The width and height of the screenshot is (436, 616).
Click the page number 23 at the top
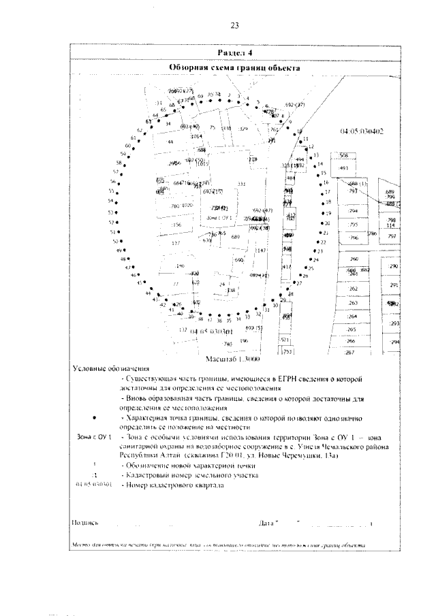(234, 26)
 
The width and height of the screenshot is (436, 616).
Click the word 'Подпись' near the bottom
(85, 523)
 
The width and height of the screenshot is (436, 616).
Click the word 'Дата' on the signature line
(267, 523)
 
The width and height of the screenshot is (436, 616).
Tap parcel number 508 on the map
(343, 155)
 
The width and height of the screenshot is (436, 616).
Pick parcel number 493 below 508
(343, 167)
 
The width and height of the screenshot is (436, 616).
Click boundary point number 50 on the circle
(115, 241)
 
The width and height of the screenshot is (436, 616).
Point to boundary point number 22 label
(324, 242)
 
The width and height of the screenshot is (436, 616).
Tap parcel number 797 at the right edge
(392, 236)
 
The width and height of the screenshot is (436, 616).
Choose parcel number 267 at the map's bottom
(350, 353)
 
